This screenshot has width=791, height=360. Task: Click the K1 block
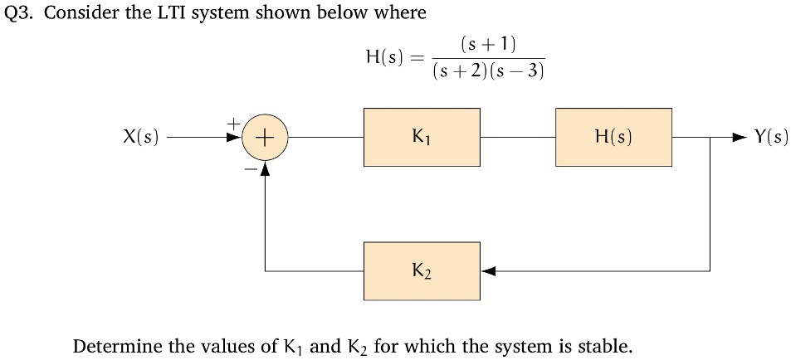pyautogui.click(x=422, y=137)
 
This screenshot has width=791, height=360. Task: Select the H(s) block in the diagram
pyautogui.click(x=613, y=137)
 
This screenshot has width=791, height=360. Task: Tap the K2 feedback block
pyautogui.click(x=422, y=270)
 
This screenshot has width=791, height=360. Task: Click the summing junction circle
pyautogui.click(x=265, y=138)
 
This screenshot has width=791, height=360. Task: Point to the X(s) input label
pyautogui.click(x=139, y=138)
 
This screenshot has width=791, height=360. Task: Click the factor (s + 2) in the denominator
pyautogui.click(x=461, y=71)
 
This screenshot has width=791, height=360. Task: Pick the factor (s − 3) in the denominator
pyautogui.click(x=517, y=71)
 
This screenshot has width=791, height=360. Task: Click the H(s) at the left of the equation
pyautogui.click(x=384, y=57)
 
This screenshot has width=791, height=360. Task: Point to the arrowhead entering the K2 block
pyautogui.click(x=488, y=270)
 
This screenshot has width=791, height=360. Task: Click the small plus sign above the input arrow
pyautogui.click(x=235, y=123)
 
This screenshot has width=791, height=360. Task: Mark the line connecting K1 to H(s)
pyautogui.click(x=517, y=138)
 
